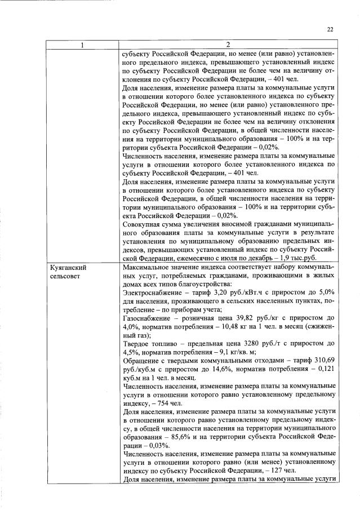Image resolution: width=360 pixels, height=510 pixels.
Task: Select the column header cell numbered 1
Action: [x=82, y=45]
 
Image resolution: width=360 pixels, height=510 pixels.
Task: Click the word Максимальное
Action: [x=146, y=268]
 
